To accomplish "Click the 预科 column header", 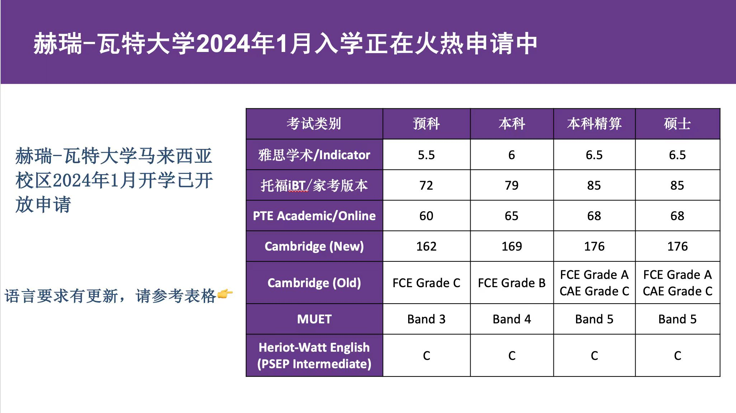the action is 426,124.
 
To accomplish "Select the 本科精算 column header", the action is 594,124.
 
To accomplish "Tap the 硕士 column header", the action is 677,124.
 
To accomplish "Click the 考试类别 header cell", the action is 314,124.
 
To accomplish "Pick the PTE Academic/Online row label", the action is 314,216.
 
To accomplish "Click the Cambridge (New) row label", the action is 314,246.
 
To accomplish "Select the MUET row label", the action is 314,319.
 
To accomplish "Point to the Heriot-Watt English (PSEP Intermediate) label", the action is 314,356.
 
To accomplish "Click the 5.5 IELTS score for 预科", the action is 426,155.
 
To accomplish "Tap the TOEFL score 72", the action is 426,185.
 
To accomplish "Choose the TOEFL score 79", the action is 511,185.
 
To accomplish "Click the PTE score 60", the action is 426,216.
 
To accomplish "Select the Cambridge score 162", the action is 426,246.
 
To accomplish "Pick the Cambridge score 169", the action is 511,246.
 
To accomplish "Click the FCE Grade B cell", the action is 511,283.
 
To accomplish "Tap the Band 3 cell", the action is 426,319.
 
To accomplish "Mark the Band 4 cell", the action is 511,319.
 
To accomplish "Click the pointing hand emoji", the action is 225,294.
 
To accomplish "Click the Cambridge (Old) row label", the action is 314,283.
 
